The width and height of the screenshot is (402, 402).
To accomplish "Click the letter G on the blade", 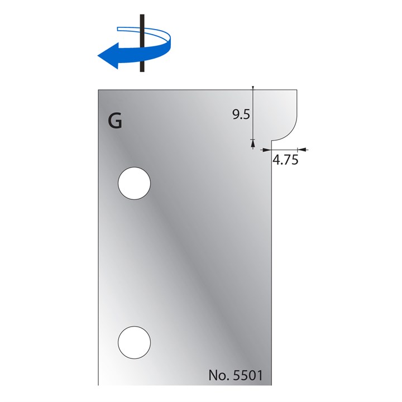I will point(115,121).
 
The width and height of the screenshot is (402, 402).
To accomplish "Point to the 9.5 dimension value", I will point(241,115).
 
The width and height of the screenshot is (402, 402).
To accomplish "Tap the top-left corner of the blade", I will point(98,90).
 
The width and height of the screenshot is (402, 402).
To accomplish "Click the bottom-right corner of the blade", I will point(272,385).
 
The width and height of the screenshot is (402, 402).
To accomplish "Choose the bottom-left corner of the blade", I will point(98,385).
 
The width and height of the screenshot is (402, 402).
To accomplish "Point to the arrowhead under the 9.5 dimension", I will point(253,145).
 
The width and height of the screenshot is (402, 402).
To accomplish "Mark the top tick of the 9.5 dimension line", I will point(253,88).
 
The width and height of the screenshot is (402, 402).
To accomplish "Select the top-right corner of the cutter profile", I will point(296,90).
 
